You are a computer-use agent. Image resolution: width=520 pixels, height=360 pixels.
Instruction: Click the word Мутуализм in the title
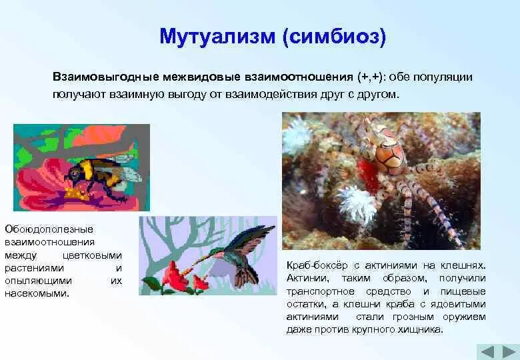217,36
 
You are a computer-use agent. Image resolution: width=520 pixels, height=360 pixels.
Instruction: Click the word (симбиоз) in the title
335,37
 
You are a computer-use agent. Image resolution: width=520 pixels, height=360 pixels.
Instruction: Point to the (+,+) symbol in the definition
370,77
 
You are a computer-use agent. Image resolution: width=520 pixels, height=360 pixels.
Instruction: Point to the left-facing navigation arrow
487,352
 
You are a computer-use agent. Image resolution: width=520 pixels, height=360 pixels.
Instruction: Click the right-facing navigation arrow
509,352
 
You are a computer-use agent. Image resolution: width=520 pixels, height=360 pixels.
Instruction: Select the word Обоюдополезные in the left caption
49,229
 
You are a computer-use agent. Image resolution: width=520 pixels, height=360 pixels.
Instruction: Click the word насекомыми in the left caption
37,293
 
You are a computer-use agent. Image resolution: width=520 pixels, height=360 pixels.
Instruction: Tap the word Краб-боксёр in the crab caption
317,265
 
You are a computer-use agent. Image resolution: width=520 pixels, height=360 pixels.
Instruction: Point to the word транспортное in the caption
321,292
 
